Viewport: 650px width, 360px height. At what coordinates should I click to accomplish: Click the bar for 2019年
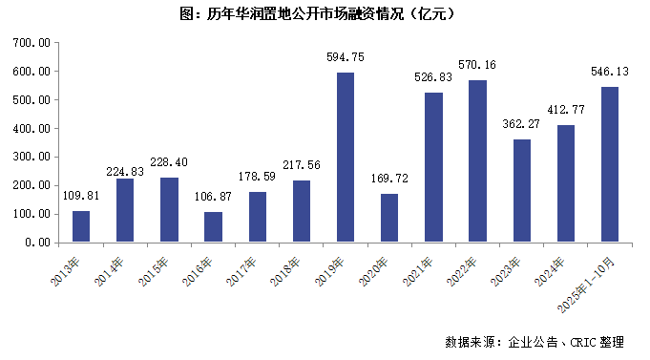(x=346, y=158)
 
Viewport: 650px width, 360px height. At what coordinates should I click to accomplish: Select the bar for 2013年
(x=81, y=226)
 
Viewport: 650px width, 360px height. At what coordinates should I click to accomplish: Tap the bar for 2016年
(x=213, y=227)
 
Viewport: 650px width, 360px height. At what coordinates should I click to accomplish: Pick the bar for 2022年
(x=477, y=161)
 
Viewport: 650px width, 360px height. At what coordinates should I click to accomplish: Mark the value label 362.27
(x=521, y=123)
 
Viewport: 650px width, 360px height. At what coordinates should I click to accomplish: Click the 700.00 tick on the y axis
(x=31, y=43)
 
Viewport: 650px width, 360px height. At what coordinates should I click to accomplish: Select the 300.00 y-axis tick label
(x=31, y=158)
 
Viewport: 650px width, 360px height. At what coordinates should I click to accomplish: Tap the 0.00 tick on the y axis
(x=37, y=243)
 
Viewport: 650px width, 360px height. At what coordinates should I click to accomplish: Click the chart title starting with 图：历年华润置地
(x=325, y=13)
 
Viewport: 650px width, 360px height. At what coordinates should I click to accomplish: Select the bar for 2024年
(x=565, y=183)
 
